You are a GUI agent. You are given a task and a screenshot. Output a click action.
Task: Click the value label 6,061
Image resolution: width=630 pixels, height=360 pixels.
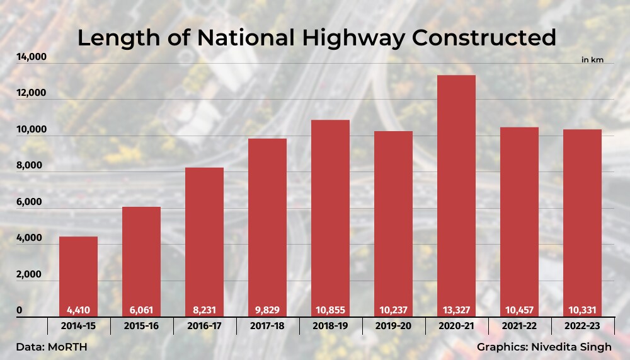(141, 311)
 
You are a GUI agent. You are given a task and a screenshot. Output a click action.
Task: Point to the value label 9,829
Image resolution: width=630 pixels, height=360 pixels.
(267, 311)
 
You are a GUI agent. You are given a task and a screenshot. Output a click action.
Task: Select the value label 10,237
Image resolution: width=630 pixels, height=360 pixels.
(393, 311)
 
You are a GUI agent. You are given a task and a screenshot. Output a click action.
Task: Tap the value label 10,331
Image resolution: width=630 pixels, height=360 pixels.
(582, 311)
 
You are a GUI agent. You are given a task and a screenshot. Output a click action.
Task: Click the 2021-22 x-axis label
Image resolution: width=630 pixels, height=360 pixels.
(519, 327)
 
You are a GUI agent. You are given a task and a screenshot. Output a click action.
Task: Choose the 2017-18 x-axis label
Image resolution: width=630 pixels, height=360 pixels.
(267, 327)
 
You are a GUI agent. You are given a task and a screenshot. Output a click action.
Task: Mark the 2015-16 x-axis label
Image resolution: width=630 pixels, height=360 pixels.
(141, 327)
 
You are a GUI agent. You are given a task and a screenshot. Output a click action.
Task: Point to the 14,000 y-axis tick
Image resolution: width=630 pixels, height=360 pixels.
(31, 57)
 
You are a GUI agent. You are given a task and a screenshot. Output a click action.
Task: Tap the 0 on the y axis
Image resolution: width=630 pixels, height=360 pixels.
(20, 311)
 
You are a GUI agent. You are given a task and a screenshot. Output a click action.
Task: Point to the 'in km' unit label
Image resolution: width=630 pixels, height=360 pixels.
(592, 59)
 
